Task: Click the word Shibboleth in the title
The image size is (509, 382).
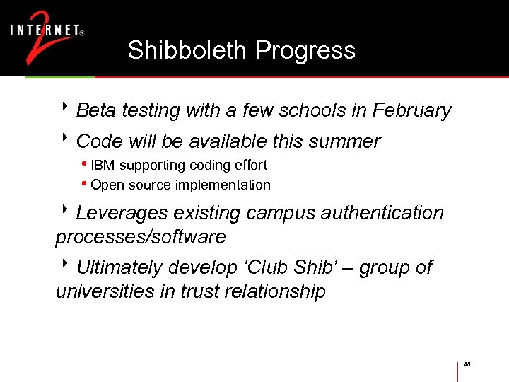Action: point(188,50)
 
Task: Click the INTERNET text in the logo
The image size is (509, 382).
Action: point(43,30)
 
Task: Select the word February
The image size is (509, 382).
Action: point(411,110)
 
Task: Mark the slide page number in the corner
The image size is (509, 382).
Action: point(467,364)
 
